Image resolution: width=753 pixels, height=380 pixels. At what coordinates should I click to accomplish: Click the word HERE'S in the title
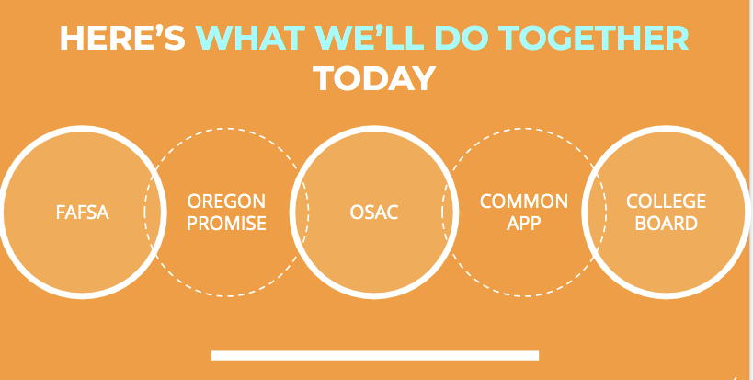click(122, 38)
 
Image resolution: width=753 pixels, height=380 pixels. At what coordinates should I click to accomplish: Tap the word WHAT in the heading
click(251, 38)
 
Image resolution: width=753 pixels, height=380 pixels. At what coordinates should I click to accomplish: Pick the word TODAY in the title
click(374, 78)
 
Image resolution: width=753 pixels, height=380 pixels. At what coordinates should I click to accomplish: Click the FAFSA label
click(82, 213)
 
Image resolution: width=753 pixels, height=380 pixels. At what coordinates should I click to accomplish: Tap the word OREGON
click(226, 202)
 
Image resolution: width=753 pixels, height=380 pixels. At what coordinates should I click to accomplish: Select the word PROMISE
click(226, 224)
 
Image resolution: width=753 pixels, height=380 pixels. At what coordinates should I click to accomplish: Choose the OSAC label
click(374, 213)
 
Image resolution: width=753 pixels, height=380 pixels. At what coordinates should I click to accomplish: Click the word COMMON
click(524, 202)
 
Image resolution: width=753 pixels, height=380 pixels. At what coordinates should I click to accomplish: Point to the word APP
click(524, 224)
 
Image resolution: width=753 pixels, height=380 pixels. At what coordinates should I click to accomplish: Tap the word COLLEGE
click(666, 202)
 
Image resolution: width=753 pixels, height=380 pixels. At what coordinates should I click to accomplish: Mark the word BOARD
click(666, 224)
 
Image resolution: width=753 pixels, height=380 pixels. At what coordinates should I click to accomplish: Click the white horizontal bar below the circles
click(374, 355)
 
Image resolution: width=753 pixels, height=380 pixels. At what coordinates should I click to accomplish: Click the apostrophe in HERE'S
click(154, 29)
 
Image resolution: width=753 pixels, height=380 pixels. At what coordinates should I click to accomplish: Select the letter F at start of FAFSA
click(61, 213)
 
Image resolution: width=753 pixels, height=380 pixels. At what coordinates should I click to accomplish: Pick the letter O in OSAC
click(358, 213)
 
